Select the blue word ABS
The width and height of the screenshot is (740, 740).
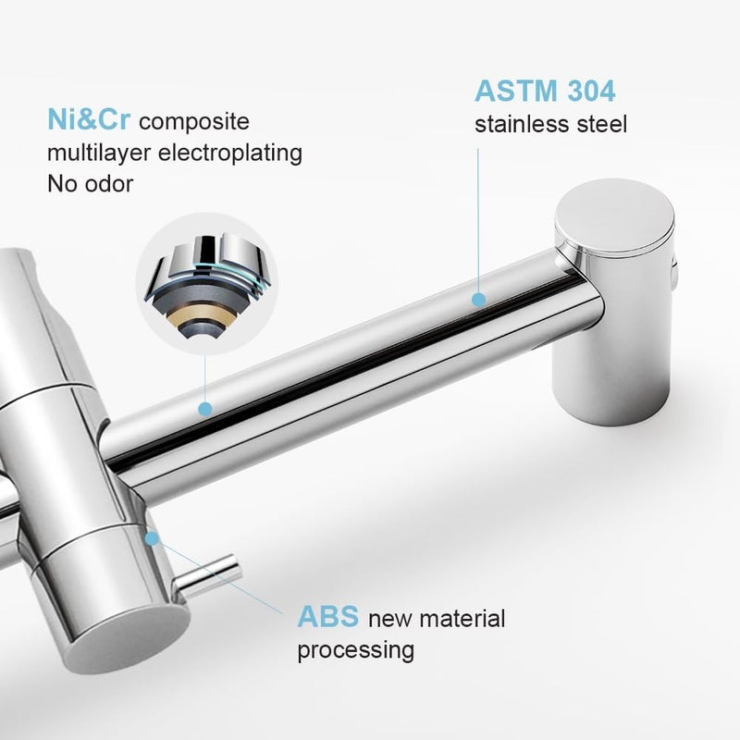[x=329, y=617]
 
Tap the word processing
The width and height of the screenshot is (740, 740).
[x=354, y=649]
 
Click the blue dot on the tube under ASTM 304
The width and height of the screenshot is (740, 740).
[x=478, y=300]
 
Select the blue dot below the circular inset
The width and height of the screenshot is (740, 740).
[x=204, y=408]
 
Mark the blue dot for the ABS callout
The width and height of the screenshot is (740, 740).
[x=153, y=536]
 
